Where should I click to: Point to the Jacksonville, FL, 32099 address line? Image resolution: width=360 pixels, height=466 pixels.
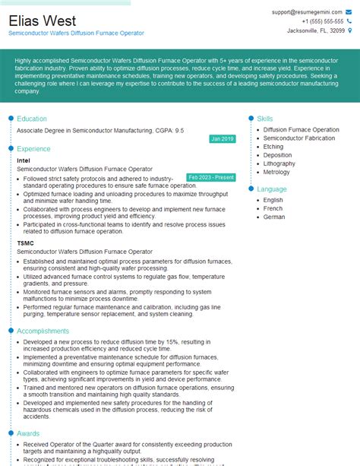point(316,30)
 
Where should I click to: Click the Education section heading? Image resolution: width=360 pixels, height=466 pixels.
point(32,119)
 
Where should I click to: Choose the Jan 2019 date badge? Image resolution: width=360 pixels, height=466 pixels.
point(223,139)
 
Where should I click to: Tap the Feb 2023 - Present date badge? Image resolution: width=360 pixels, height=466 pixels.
point(210,177)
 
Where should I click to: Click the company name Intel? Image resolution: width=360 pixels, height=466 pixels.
point(24,161)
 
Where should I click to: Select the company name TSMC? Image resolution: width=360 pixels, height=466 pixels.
point(26,243)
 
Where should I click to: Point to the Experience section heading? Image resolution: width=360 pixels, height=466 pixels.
point(34,149)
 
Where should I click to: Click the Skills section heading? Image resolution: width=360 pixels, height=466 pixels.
point(265,119)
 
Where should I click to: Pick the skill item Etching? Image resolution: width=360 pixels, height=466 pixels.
point(273,147)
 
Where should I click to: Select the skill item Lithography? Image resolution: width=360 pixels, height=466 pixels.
point(279,163)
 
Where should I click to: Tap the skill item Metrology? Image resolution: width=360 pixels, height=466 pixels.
point(278,172)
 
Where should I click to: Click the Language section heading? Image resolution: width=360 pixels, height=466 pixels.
point(272,189)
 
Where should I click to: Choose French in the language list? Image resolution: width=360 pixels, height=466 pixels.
point(273,208)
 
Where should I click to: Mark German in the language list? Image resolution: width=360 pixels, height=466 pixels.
point(274,217)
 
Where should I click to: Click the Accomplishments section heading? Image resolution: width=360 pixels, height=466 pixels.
point(43,331)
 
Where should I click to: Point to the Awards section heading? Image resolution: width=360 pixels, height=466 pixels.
point(29,433)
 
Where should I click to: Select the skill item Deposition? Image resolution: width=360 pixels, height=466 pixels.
point(278,155)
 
